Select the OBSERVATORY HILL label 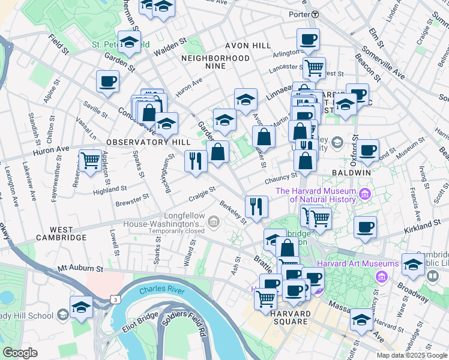tap(139, 142)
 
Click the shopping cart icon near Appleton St tap(90, 161)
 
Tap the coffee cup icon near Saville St tap(108, 81)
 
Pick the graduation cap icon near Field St tap(129, 41)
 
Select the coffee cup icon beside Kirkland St tap(365, 227)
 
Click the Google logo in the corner tap(20, 353)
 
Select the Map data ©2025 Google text tap(411, 355)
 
